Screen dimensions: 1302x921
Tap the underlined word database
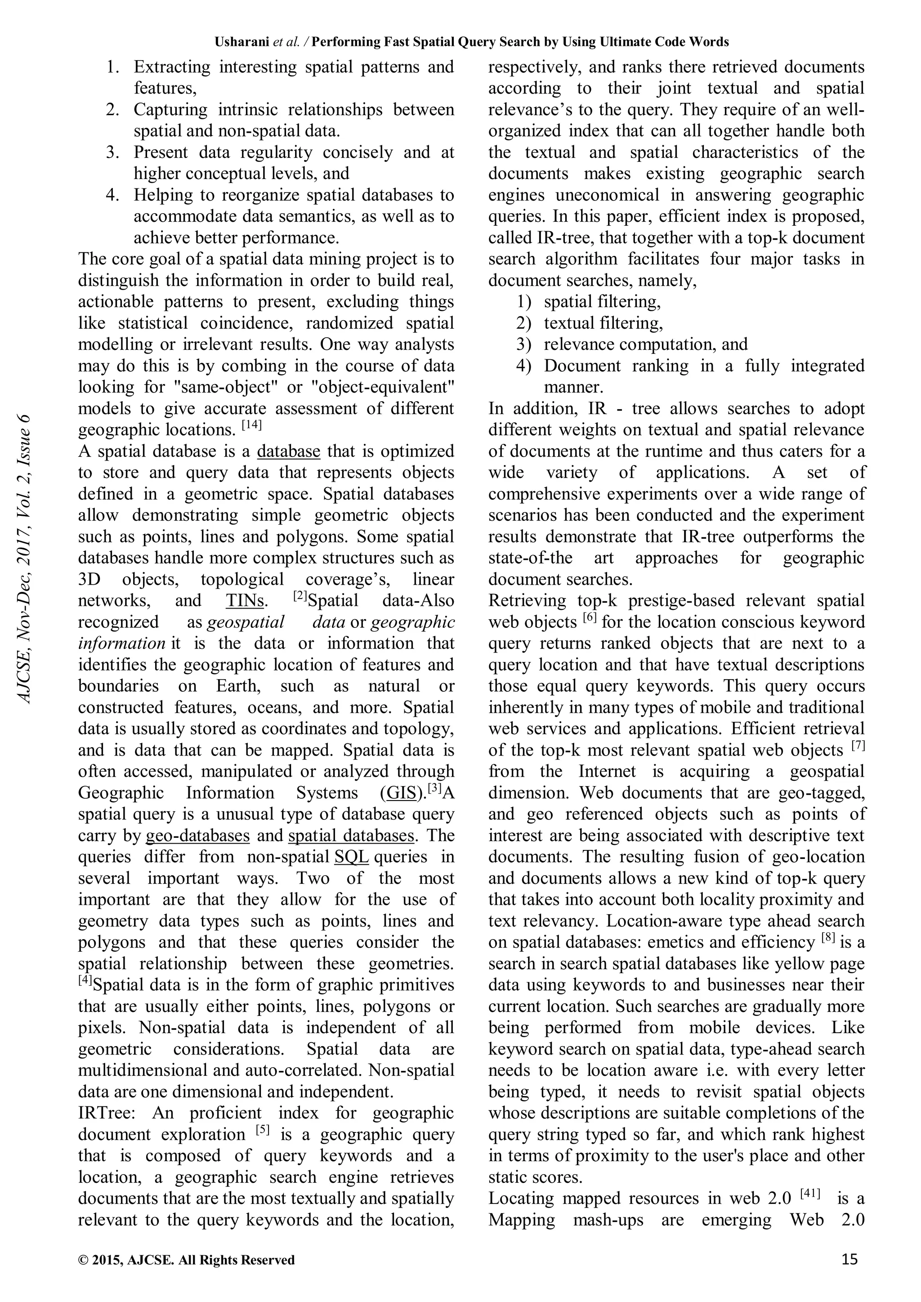(289, 452)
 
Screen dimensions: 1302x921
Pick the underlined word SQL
(352, 857)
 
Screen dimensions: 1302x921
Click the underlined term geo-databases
(198, 836)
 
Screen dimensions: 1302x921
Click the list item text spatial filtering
(602, 302)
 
